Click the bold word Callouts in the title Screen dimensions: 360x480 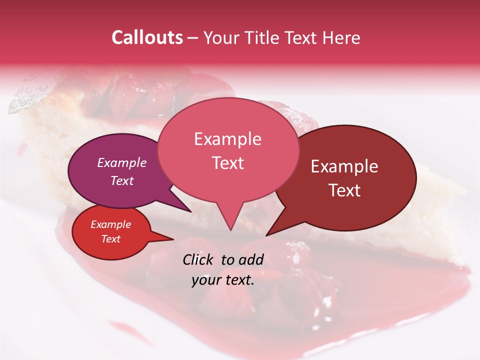tap(147, 37)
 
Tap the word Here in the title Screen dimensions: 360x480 tap(341, 37)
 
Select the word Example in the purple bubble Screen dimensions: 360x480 tap(121, 162)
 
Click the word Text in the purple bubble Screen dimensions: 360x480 tap(121, 180)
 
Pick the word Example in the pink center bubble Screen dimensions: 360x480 tap(227, 139)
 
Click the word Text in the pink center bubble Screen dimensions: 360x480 tap(227, 162)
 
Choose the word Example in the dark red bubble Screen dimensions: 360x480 tap(344, 166)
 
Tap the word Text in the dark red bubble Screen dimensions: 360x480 tap(344, 190)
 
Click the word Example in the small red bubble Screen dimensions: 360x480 tap(110, 224)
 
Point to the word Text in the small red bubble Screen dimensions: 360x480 tap(110, 239)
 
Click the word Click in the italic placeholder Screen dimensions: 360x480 tap(198, 259)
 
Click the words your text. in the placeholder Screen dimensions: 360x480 tap(222, 280)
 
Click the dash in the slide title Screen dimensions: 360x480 tap(193, 38)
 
